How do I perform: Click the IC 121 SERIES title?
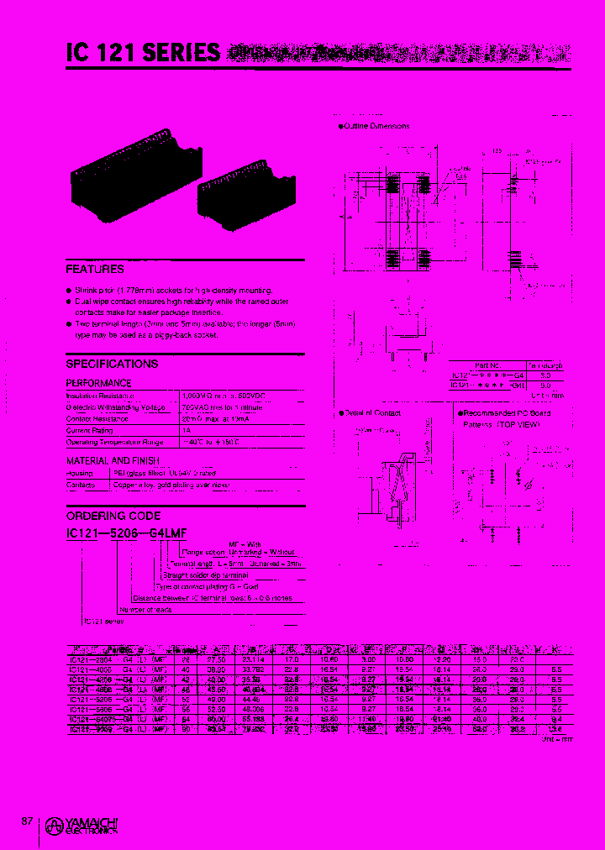143,54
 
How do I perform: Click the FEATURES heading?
95,270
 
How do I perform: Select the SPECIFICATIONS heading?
112,364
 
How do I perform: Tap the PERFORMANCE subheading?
98,383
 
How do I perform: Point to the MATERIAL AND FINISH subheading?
112,461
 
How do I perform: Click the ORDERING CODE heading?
113,516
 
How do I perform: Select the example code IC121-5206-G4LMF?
126,533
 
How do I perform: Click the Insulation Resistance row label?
101,395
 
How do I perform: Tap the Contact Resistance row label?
97,418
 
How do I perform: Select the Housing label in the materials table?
79,474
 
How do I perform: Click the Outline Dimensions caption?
376,126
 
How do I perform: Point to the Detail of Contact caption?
372,413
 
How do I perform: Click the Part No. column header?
487,365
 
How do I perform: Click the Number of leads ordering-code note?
145,610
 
